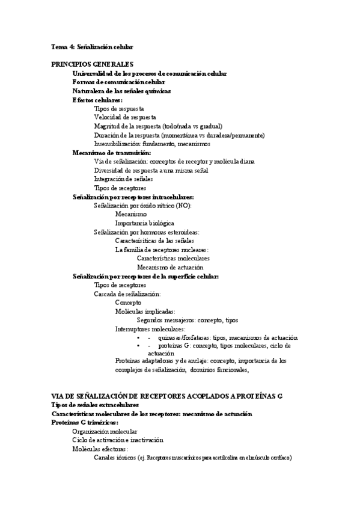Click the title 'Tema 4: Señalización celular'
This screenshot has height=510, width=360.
[x=93, y=46]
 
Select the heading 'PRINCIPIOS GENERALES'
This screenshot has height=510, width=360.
[x=93, y=64]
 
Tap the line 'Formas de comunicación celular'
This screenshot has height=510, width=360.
[x=119, y=82]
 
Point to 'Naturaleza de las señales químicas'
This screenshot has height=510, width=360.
[x=122, y=91]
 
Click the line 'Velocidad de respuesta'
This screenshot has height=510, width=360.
[x=125, y=117]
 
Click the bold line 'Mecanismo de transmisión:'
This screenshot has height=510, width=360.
[x=112, y=153]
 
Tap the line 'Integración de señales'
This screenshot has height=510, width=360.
[x=123, y=179]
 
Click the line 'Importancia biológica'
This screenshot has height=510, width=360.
[x=145, y=223]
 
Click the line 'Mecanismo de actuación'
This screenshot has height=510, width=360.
[x=170, y=267]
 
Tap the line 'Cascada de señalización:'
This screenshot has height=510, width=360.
[x=127, y=294]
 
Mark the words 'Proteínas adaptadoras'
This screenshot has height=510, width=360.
[x=145, y=361]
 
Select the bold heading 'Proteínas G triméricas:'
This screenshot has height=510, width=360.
[x=85, y=423]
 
